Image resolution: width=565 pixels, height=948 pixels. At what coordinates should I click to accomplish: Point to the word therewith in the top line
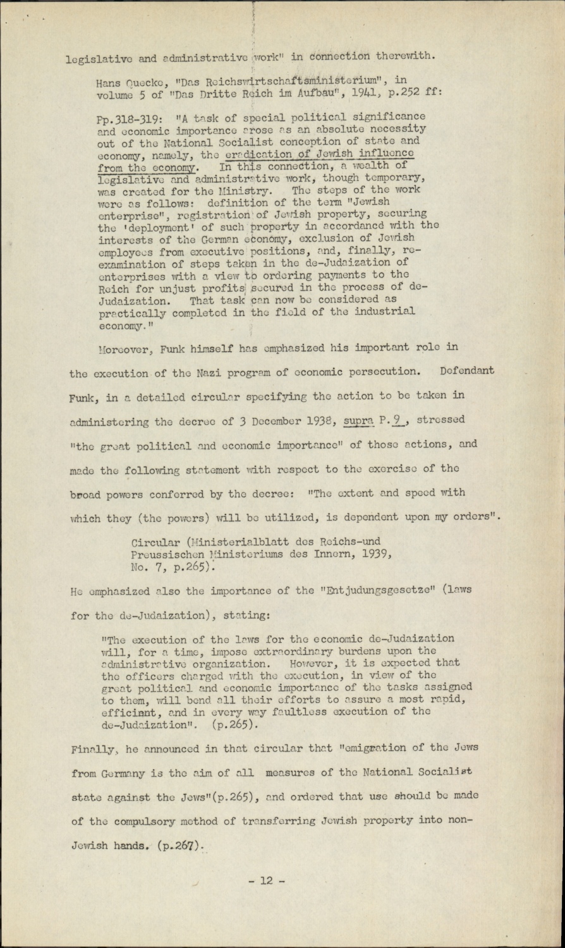tap(406, 55)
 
